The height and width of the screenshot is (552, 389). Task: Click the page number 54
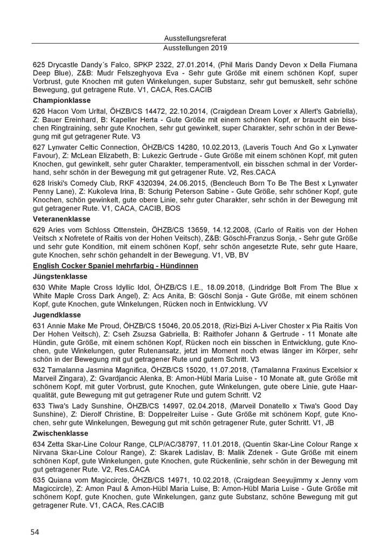pyautogui.click(x=34, y=532)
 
